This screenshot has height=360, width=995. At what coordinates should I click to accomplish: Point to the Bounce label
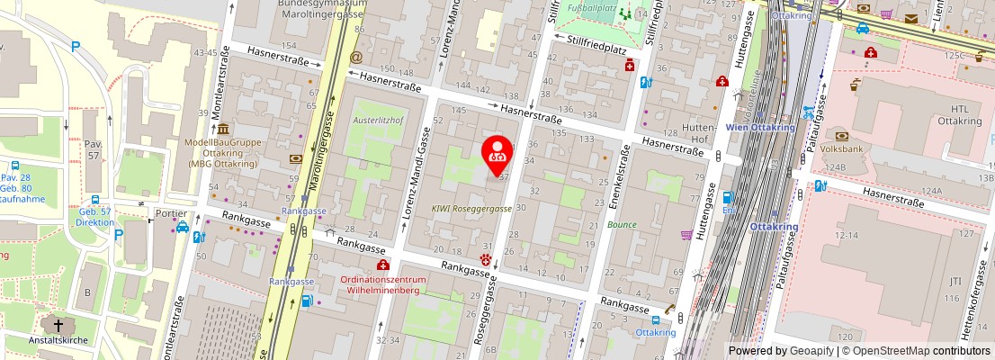pyautogui.click(x=622, y=225)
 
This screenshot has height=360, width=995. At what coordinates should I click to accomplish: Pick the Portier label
pyautogui.click(x=170, y=213)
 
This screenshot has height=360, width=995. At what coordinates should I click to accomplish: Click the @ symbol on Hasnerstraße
pyautogui.click(x=356, y=57)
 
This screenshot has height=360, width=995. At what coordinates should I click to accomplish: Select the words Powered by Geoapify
pyautogui.click(x=780, y=351)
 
